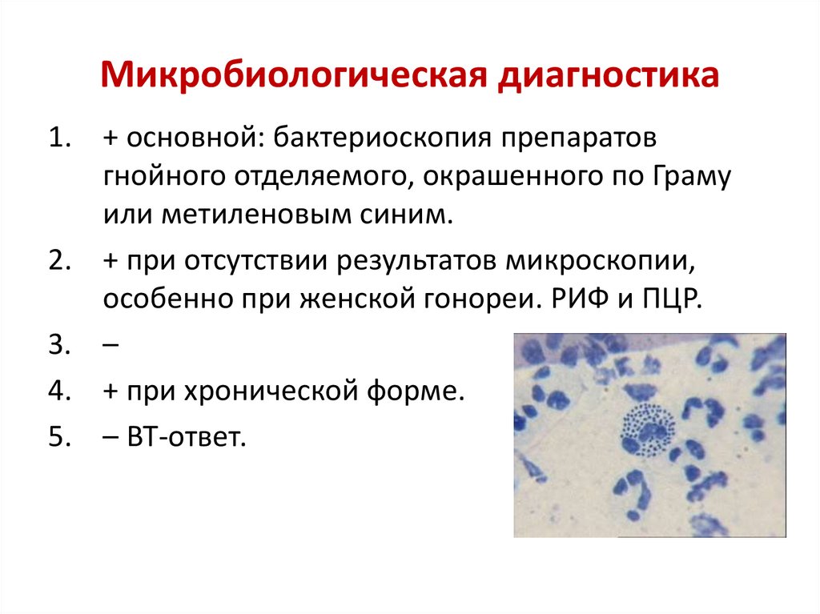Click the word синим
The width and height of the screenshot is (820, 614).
click(408, 215)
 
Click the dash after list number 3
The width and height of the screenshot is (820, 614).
click(111, 347)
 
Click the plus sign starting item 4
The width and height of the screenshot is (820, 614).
click(111, 392)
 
